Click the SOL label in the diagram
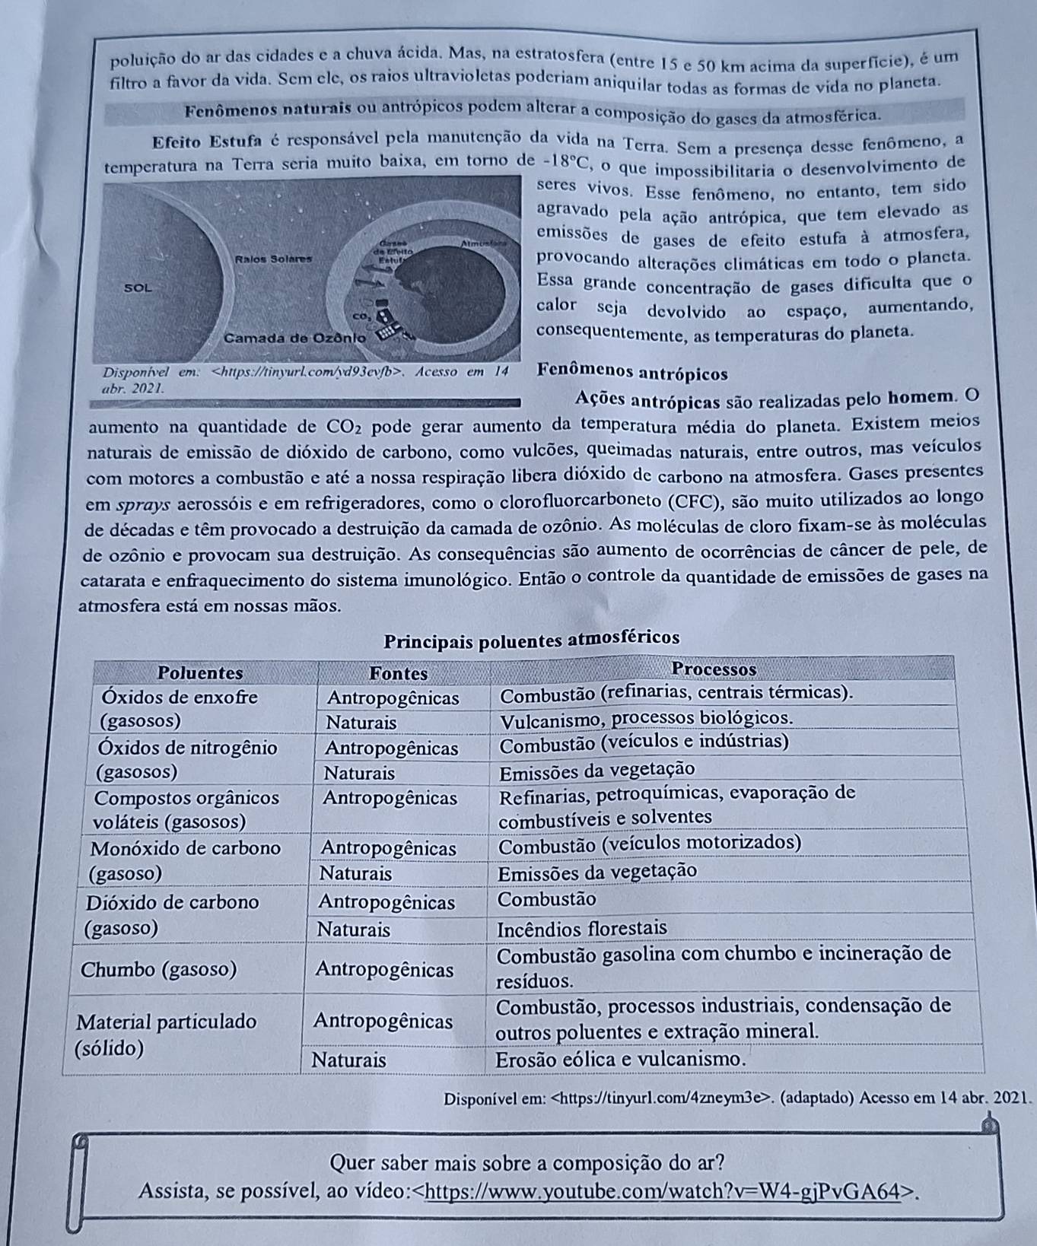pos(138,288)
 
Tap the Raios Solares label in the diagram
pos(274,259)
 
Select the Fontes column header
pos(398,673)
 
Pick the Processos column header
pos(715,669)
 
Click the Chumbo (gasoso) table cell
pos(158,970)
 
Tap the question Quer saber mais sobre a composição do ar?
pos(527,1163)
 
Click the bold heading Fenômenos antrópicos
pos(632,374)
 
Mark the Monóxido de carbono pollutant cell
pos(186,847)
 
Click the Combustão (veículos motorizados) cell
pos(650,844)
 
